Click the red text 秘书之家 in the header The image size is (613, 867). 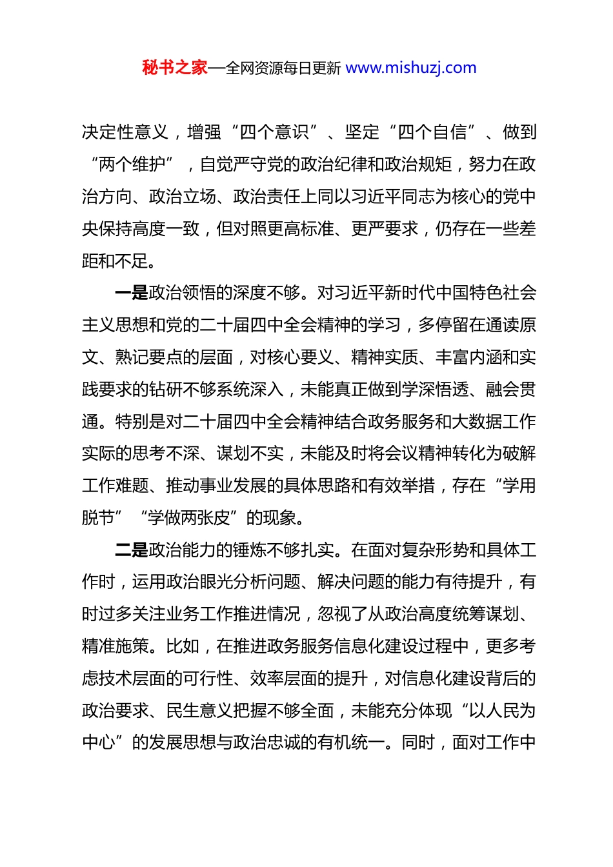[x=174, y=68]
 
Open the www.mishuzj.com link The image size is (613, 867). [x=411, y=68]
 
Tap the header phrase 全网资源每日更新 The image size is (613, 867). [x=283, y=68]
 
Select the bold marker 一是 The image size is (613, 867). [x=132, y=293]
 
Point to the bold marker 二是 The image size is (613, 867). [x=132, y=550]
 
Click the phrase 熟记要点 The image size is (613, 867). [x=149, y=357]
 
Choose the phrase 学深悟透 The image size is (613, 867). [x=435, y=390]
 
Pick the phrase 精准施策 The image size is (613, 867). [x=116, y=646]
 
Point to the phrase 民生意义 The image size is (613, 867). [x=199, y=711]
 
